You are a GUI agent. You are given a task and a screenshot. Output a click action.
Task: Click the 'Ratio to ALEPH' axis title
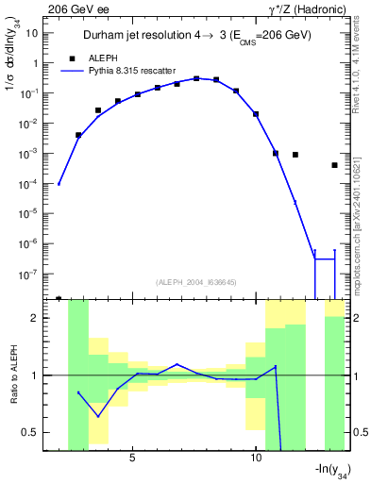pos(16,375)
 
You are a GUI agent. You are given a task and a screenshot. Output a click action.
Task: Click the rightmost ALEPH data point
pos(335,165)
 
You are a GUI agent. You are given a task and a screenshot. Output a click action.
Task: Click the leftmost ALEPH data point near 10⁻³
pos(78,135)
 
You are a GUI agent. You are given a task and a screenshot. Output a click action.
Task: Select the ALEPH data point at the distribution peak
pos(196,78)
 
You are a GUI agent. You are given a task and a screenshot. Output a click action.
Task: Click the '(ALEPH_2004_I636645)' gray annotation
pos(195,281)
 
